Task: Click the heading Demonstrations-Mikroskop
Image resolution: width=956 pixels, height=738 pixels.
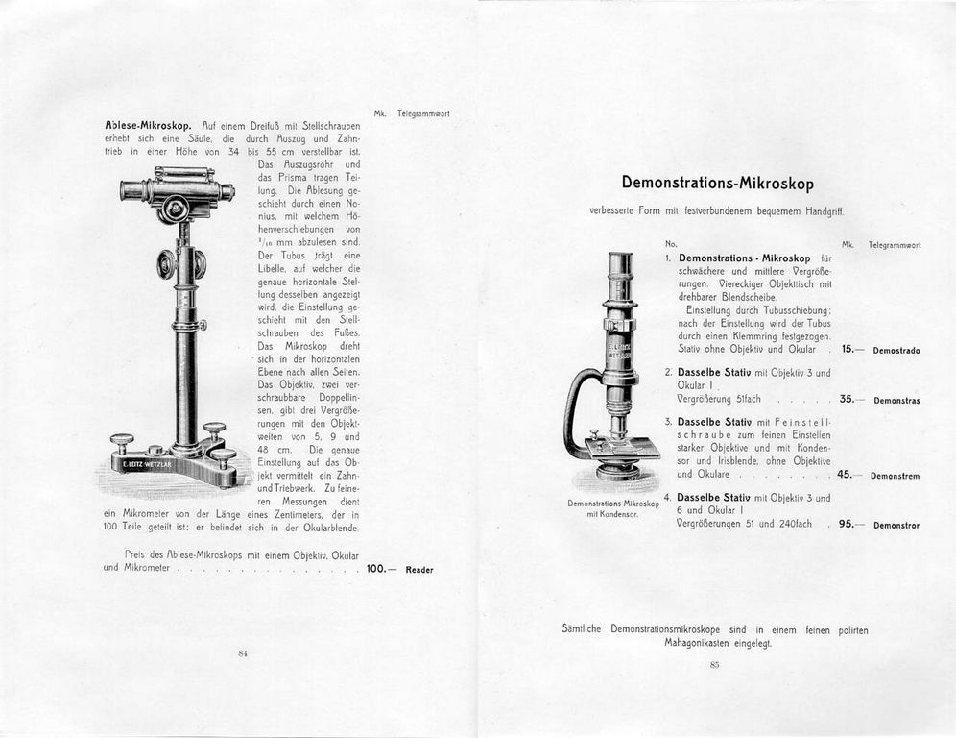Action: point(717,183)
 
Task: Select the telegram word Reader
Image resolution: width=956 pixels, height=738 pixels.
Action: point(419,570)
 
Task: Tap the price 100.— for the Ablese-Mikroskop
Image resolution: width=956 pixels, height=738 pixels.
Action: point(377,569)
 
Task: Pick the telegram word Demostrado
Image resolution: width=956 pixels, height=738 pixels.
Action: point(896,351)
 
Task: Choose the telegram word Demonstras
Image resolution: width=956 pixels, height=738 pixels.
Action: point(896,400)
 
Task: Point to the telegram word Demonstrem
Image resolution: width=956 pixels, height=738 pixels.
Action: point(896,476)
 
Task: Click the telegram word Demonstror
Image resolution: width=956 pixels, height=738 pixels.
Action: point(896,526)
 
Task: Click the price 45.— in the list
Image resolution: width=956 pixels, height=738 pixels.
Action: point(849,475)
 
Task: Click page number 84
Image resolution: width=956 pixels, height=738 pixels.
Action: point(243,653)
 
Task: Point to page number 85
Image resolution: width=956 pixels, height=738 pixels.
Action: point(715,665)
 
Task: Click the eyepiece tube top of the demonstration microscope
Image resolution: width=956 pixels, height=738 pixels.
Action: point(619,258)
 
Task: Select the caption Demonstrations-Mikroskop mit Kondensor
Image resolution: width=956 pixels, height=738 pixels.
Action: point(612,508)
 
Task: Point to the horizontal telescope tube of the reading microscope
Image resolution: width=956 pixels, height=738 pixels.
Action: point(178,189)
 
